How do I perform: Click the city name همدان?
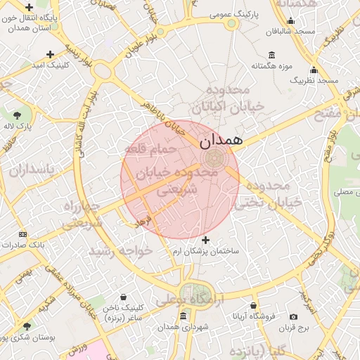click(221, 140)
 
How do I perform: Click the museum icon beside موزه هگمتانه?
click(271, 56)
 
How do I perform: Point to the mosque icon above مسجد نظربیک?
click(314, 70)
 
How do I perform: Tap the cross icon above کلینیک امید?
click(50, 54)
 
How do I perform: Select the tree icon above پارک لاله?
click(17, 115)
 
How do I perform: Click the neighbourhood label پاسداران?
click(27, 170)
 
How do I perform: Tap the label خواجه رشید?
click(120, 250)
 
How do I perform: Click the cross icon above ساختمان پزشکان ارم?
click(205, 240)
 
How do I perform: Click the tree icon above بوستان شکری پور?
click(27, 326)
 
